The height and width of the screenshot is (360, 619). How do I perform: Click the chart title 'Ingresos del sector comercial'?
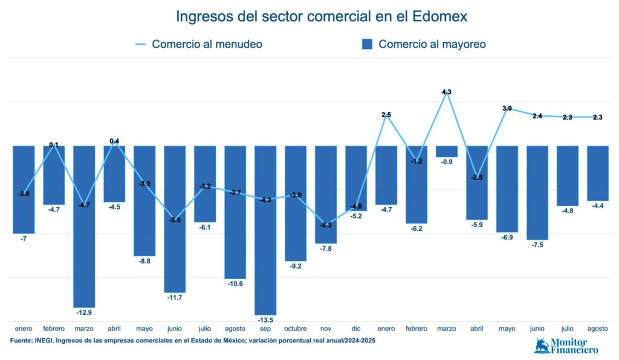(322, 16)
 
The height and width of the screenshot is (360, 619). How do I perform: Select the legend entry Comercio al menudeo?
(199, 44)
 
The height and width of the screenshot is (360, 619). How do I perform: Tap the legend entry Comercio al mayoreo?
(424, 44)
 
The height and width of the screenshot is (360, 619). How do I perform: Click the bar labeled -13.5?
(265, 230)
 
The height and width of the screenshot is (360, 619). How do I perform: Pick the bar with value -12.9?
(84, 226)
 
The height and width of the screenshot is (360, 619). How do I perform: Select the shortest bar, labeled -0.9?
(447, 151)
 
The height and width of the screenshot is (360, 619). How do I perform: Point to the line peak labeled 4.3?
(447, 93)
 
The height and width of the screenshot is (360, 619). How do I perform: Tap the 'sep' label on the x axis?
(265, 329)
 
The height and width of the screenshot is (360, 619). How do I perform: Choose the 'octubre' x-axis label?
(296, 329)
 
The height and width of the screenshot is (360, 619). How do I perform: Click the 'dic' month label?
(356, 329)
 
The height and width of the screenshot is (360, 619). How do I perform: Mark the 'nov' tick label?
(326, 329)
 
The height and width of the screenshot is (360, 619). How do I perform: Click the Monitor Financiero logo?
(566, 346)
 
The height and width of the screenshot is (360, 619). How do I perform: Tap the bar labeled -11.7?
(175, 219)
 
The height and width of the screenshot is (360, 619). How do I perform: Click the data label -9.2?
(296, 266)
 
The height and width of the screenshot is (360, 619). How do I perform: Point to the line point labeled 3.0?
(507, 109)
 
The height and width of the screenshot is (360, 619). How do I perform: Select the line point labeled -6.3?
(326, 225)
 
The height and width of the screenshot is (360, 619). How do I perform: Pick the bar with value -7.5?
(537, 192)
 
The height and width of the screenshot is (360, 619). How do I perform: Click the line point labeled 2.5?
(386, 115)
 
